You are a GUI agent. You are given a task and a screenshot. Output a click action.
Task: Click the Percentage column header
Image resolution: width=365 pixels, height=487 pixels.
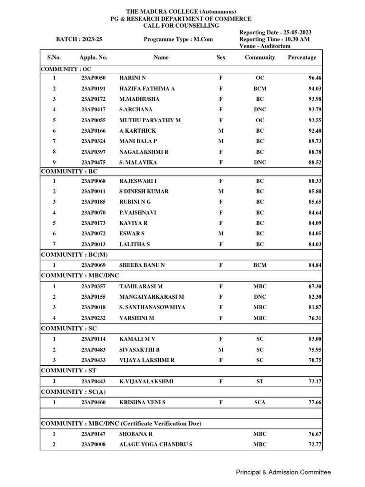click(302, 58)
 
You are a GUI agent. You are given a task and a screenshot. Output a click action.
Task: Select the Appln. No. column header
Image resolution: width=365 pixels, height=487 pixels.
click(93, 58)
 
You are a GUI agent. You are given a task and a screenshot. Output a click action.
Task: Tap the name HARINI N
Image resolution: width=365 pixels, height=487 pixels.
click(133, 78)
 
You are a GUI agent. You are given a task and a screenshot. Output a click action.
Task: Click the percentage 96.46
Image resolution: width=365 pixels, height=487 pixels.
click(315, 78)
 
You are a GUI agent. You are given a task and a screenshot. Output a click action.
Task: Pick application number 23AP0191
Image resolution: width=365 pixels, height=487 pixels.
click(93, 88)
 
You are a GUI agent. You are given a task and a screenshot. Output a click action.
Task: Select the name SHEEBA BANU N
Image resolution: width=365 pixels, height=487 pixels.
click(142, 265)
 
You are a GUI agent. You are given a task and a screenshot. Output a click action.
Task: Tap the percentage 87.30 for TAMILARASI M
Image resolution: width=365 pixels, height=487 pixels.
click(315, 287)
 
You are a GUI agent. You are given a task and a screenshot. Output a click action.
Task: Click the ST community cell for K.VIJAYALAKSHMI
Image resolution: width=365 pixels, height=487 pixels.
click(260, 381)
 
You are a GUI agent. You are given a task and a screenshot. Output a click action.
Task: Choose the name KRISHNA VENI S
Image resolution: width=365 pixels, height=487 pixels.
click(142, 402)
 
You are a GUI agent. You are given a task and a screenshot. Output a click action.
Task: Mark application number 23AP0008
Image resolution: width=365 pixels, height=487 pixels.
click(93, 445)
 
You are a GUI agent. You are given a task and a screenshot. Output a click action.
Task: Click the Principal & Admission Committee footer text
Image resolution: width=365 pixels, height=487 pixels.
click(284, 472)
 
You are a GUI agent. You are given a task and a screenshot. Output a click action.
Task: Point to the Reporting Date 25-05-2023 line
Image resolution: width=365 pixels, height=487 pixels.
click(276, 32)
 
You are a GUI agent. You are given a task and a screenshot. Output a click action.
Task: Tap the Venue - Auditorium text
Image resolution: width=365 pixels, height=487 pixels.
click(265, 46)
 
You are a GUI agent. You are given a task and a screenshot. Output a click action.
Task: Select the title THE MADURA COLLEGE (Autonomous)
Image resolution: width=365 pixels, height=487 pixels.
click(181, 11)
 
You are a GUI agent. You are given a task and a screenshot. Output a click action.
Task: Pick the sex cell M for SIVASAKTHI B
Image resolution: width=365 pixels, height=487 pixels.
click(221, 350)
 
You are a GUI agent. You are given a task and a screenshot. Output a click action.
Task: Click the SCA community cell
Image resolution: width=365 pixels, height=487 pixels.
click(260, 402)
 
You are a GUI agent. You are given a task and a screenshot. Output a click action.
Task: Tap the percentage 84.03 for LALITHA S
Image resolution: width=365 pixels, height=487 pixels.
click(315, 244)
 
